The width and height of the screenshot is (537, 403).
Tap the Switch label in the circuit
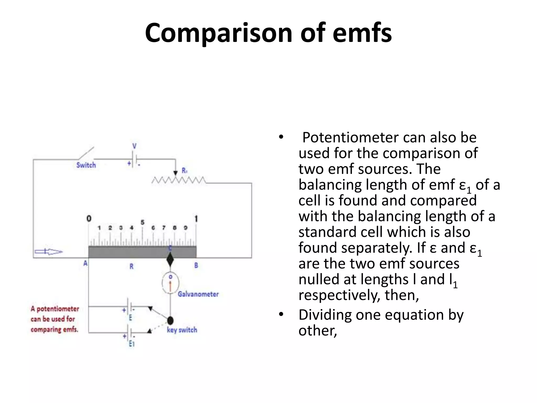pos(86,165)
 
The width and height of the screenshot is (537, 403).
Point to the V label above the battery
pos(134,146)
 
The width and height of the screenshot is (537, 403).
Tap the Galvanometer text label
pos(198,294)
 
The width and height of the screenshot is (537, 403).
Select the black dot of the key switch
pos(170,320)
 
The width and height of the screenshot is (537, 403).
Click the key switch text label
pos(182,330)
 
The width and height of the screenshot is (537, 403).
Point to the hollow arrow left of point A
pos(49,252)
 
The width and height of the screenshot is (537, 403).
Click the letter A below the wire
pos(85,263)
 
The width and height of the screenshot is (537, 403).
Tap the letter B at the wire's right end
pos(196,265)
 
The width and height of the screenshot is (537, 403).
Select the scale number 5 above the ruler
pos(142,222)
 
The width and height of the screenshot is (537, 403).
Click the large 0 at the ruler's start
pos(89,218)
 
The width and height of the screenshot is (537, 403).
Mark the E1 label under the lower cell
pos(131,344)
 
